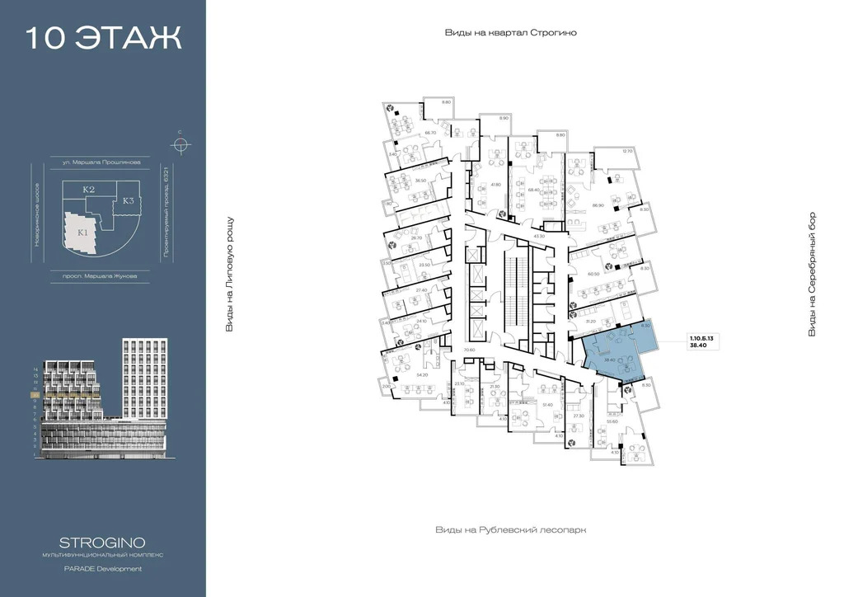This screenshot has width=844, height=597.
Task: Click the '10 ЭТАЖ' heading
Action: pyautogui.click(x=103, y=38)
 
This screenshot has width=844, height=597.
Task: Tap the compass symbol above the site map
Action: pyautogui.click(x=179, y=145)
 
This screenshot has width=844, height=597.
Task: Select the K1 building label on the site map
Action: pyautogui.click(x=82, y=232)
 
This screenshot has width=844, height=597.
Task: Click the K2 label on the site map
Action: pyautogui.click(x=89, y=190)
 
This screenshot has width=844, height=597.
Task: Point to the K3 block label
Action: pyautogui.click(x=129, y=200)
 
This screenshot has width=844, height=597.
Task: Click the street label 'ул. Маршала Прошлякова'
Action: pyautogui.click(x=106, y=163)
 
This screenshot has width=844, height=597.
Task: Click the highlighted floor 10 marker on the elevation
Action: pyautogui.click(x=34, y=395)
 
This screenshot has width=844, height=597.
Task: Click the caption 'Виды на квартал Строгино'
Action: pyautogui.click(x=510, y=33)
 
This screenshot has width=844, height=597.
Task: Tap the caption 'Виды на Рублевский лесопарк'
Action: pyautogui.click(x=514, y=530)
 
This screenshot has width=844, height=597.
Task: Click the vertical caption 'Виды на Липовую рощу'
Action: pyautogui.click(x=230, y=275)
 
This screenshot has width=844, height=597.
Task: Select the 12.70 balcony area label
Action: pyautogui.click(x=626, y=151)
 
